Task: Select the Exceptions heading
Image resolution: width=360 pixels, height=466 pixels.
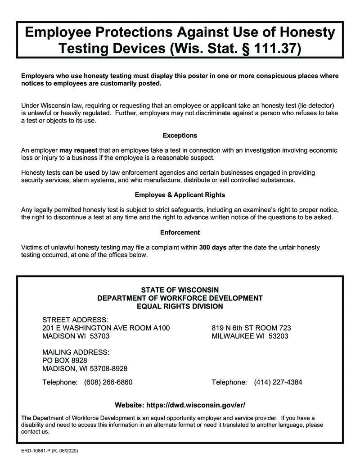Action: pyautogui.click(x=180, y=135)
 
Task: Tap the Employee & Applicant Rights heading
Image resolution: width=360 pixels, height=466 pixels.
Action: pyautogui.click(x=180, y=195)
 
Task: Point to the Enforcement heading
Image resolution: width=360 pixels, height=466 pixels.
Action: pyautogui.click(x=180, y=232)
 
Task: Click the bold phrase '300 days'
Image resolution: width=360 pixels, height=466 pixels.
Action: pyautogui.click(x=213, y=247)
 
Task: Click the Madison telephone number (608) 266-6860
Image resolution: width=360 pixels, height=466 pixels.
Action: pyautogui.click(x=108, y=382)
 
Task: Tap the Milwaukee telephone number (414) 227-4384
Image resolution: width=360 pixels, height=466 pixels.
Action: pyautogui.click(x=278, y=382)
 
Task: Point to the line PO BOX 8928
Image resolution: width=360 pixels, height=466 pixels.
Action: pyautogui.click(x=65, y=360)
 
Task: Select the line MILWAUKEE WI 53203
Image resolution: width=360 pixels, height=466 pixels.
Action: pyautogui.click(x=250, y=336)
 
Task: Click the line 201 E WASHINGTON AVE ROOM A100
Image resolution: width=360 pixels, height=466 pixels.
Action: pyautogui.click(x=106, y=328)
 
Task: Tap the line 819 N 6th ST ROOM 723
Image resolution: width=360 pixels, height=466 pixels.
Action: pyautogui.click(x=251, y=328)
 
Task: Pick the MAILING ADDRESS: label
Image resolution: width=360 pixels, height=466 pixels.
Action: pyautogui.click(x=76, y=352)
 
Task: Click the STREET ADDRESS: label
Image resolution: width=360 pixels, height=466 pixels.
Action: pyautogui.click(x=75, y=319)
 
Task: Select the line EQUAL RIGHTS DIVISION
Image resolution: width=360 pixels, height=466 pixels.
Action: pyautogui.click(x=180, y=306)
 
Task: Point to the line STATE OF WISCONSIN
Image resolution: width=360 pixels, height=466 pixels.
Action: pyautogui.click(x=180, y=290)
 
